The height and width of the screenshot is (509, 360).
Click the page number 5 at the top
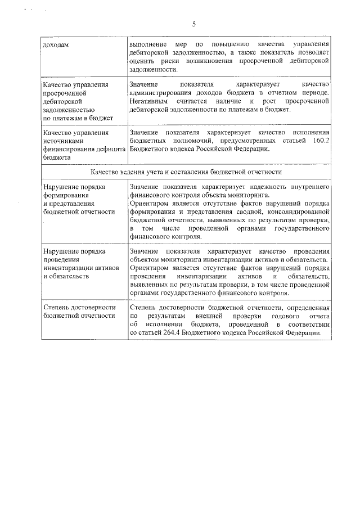point(194,24)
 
